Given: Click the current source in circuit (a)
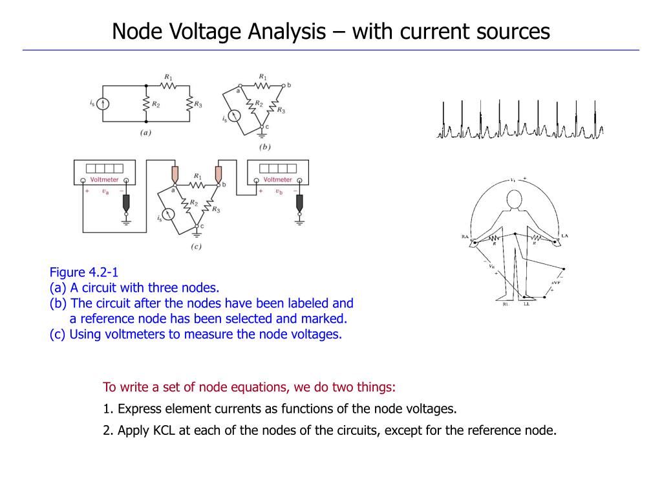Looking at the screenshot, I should (103, 103).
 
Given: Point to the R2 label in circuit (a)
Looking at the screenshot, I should (156, 104).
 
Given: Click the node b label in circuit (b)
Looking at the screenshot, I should (289, 85).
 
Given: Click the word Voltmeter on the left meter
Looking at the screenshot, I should (104, 179).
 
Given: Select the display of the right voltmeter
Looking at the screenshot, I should (277, 168).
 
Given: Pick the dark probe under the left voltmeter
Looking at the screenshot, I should (126, 203).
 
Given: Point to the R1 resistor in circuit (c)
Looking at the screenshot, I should (197, 184).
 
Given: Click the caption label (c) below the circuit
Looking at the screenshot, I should (196, 247).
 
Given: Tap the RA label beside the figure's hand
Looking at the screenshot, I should (465, 237).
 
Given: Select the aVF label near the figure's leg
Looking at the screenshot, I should (555, 282).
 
